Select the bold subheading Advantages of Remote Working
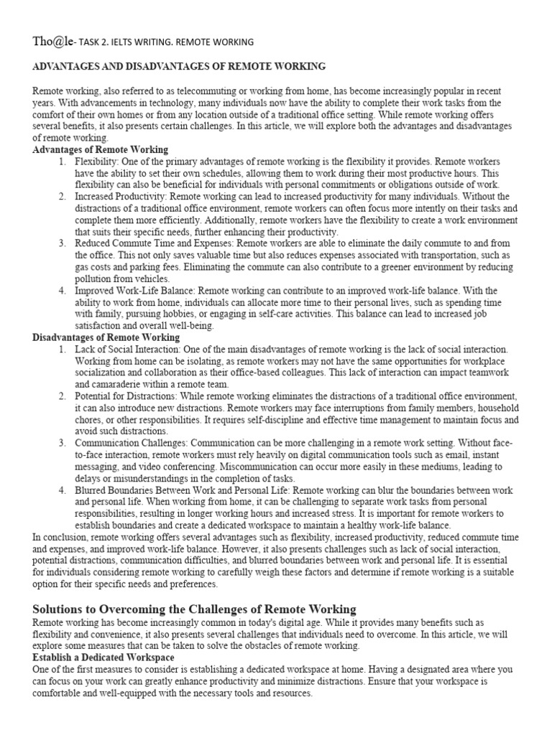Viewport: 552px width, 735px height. [101, 149]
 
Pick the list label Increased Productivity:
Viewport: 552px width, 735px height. [125, 196]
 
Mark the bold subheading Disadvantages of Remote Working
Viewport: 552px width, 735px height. [106, 337]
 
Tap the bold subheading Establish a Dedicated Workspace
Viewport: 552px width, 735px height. [103, 657]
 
